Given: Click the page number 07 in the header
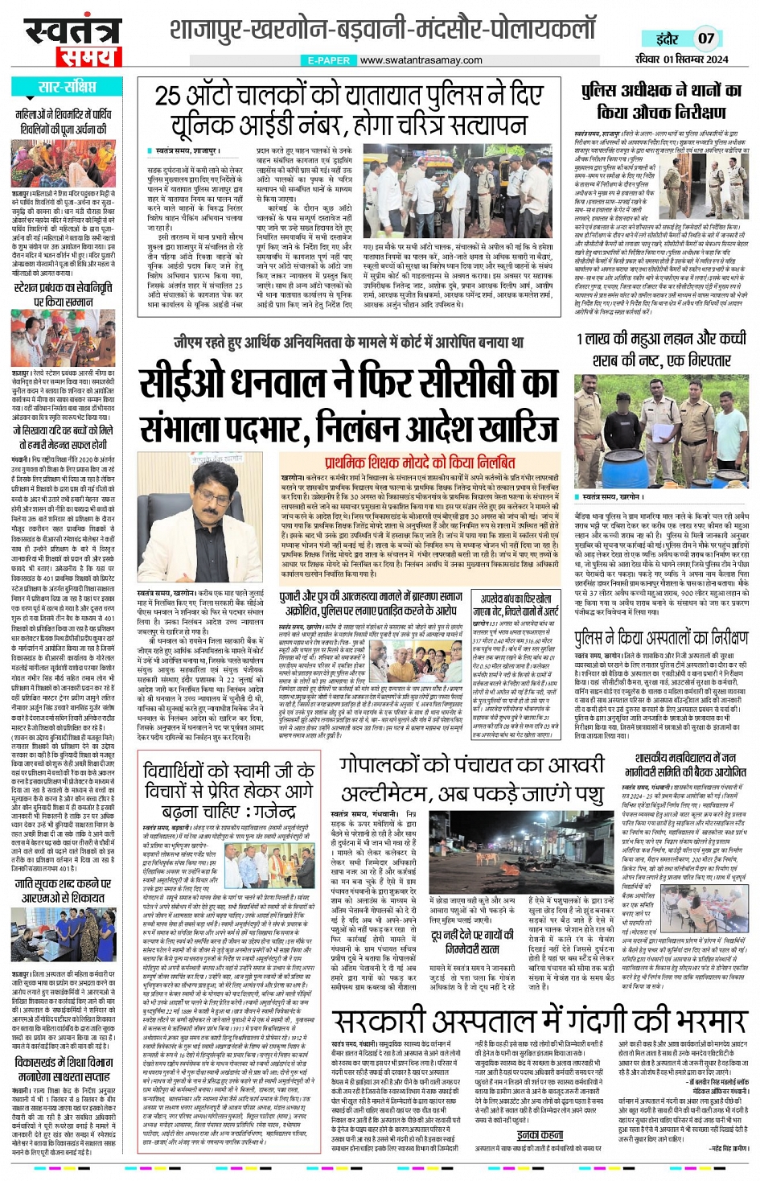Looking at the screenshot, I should click(705, 38).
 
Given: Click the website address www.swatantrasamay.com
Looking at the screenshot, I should click(421, 60).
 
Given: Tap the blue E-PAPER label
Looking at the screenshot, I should click(328, 60).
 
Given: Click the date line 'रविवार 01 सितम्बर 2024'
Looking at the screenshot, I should click(681, 60).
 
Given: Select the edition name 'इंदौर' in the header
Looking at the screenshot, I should click(667, 39).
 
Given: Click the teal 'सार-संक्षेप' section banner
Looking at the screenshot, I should click(68, 88).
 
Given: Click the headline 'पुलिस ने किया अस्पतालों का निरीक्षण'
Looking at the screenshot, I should click(660, 638).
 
